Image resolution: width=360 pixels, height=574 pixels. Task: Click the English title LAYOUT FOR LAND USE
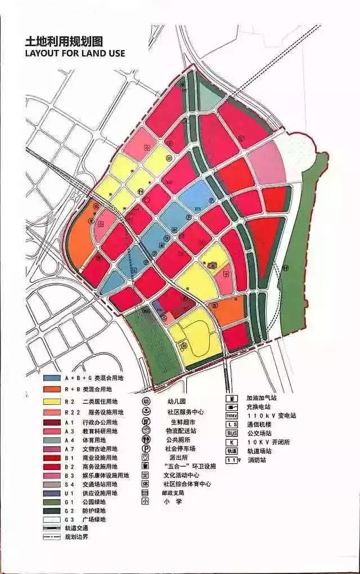point(74,53)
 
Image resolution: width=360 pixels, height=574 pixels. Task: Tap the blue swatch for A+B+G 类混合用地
point(51,378)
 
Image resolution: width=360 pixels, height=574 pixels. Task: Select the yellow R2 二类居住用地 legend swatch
point(51,401)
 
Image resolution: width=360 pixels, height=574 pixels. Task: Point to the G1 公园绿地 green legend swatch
point(51,501)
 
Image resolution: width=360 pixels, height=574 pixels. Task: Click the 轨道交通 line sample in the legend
point(51,527)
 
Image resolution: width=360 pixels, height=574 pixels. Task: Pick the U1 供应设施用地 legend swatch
point(51,493)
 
